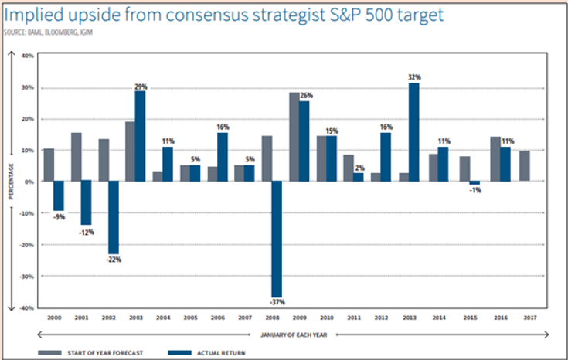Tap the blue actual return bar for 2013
coord(413,132)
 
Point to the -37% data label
coord(277,301)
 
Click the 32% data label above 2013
coord(414,76)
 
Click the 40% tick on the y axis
coord(29,56)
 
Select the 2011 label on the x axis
coord(352,318)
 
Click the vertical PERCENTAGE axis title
coord(12,182)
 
